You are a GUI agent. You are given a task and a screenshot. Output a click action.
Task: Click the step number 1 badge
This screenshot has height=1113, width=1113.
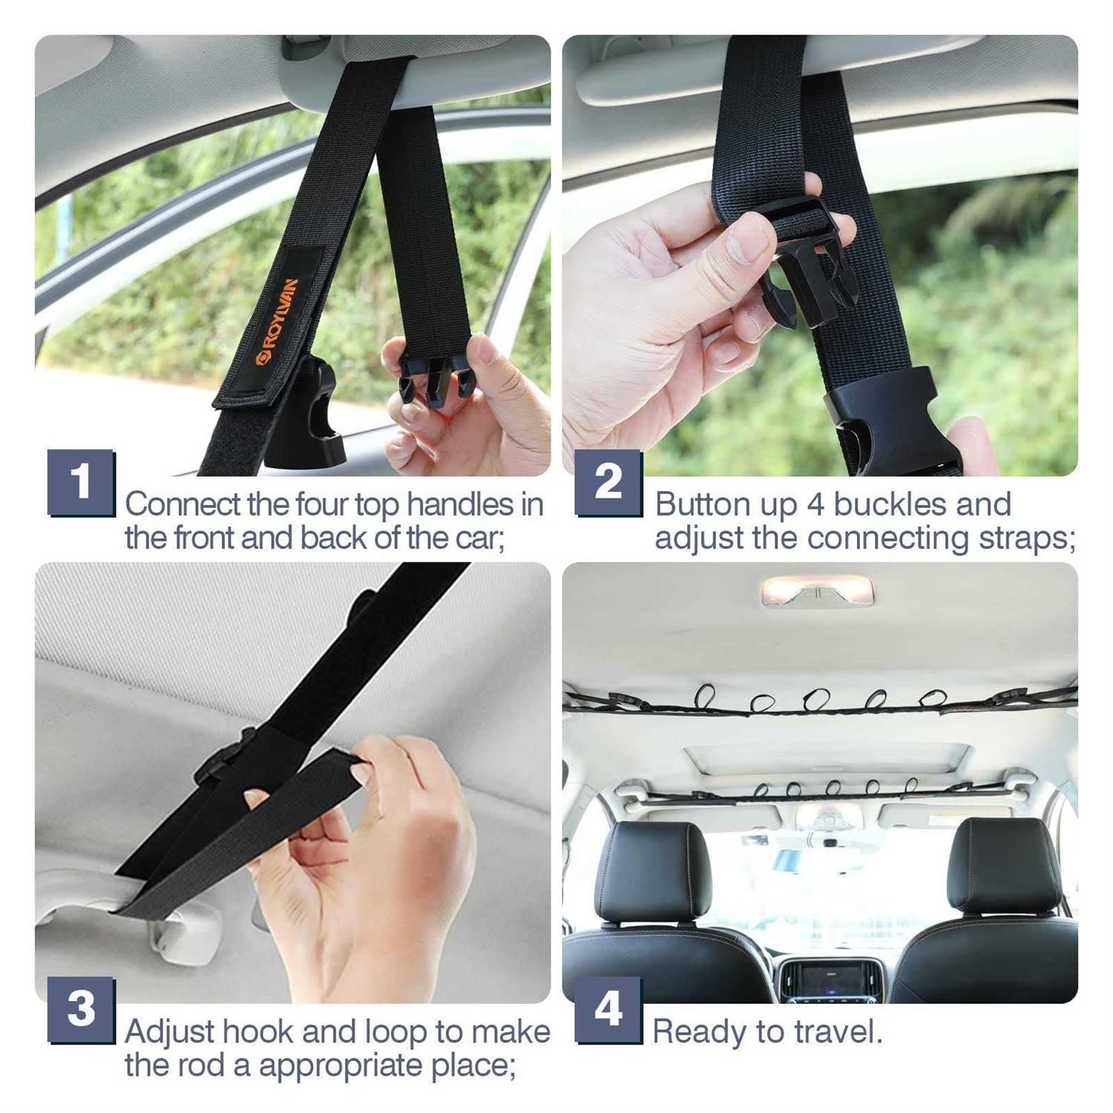coord(82,482)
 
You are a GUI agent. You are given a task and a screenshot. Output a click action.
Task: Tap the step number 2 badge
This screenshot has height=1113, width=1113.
coord(608,482)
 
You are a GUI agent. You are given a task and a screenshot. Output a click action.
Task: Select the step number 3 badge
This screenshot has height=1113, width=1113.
coord(82,1010)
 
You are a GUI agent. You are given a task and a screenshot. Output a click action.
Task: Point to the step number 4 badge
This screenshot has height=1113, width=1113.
coord(608,1010)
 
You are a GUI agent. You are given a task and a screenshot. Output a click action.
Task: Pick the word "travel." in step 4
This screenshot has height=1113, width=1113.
coord(838,1032)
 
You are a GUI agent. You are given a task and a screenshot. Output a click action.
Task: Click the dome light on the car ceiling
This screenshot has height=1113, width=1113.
coord(818,591)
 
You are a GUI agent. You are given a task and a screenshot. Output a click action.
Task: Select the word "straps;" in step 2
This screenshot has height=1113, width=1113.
coord(1027,539)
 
